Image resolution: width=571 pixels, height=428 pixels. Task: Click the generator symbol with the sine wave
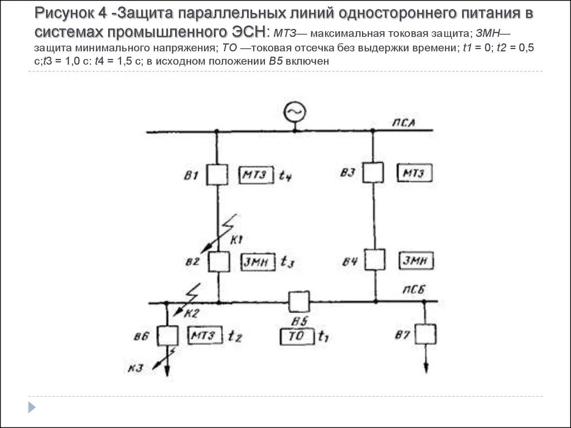tap(295, 113)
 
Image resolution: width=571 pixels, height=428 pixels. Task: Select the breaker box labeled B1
tap(216, 174)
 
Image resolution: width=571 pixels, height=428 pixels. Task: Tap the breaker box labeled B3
tap(373, 172)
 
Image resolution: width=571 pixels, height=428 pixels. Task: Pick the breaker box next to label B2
tap(218, 261)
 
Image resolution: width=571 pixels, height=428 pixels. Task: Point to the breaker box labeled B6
tap(167, 335)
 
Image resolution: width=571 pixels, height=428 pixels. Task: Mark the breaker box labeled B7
tap(426, 334)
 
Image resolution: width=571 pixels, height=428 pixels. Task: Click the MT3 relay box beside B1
tap(257, 176)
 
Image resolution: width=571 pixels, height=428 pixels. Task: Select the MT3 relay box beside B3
tap(414, 173)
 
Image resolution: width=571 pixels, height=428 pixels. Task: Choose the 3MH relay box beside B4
tap(417, 260)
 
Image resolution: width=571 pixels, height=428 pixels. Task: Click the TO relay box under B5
tap(297, 337)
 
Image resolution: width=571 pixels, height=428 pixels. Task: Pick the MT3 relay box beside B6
tap(205, 335)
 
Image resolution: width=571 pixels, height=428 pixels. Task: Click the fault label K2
tap(191, 313)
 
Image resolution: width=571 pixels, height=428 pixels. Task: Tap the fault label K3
tap(133, 367)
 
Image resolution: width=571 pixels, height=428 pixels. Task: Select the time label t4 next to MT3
tap(285, 177)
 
